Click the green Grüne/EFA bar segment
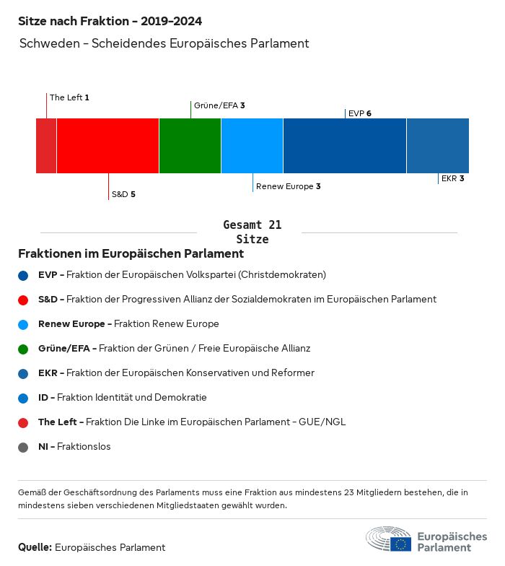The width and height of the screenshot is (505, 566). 190,146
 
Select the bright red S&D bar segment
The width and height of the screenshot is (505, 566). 107,146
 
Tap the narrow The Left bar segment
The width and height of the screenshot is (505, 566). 46,146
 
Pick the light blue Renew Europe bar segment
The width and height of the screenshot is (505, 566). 252,146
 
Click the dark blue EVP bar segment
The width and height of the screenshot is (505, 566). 345,146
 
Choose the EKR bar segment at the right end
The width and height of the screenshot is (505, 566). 438,146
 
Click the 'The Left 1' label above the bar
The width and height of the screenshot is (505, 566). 69,97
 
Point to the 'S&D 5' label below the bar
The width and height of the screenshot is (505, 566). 123,194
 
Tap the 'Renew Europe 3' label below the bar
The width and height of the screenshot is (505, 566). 288,186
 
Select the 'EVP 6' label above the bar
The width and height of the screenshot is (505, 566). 359,113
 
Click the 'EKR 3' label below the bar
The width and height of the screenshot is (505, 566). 452,178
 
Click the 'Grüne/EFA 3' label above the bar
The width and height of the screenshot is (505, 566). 219,105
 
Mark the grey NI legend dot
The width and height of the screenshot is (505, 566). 24,447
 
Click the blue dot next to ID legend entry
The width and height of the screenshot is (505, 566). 24,398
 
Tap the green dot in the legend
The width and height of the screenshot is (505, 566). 24,349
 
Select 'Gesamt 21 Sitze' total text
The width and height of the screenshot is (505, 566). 252,232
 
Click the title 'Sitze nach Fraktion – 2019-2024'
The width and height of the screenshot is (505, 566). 110,22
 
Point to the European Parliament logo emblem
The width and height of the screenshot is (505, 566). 388,539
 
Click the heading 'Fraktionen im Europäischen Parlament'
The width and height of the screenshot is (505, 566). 131,254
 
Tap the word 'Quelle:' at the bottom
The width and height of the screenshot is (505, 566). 35,547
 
